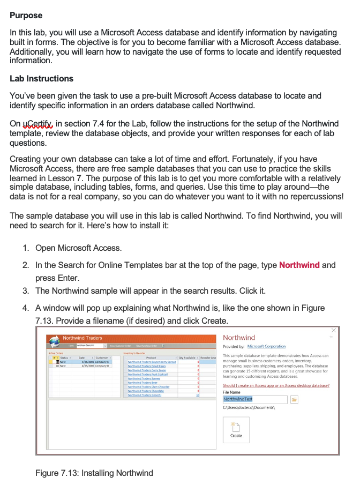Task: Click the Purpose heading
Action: tap(26, 16)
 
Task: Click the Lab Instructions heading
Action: tap(41, 78)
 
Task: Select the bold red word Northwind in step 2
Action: tap(299, 265)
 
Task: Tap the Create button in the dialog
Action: tap(236, 428)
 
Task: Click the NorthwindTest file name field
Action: tap(254, 399)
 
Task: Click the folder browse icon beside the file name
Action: tap(294, 399)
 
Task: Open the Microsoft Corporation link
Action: tap(266, 346)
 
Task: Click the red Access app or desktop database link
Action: tap(276, 385)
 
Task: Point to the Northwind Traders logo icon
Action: tap(53, 341)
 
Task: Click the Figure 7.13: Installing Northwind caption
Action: tap(94, 473)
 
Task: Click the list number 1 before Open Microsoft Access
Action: tap(26, 248)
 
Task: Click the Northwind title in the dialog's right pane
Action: tap(238, 338)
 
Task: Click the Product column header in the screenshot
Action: tap(151, 357)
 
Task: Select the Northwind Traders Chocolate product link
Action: tap(146, 391)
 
